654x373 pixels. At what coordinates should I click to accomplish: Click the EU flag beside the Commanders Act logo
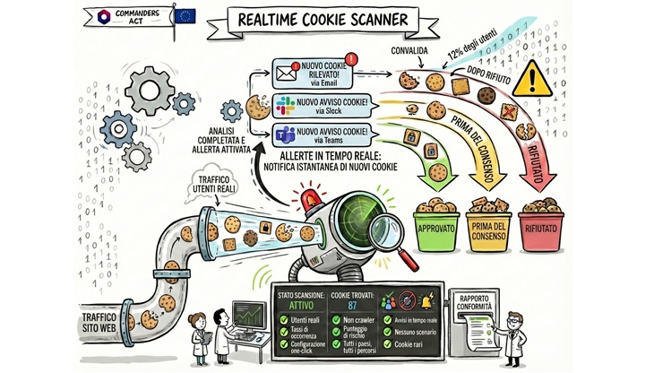point(185,15)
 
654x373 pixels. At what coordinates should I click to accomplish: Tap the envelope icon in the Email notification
point(286,70)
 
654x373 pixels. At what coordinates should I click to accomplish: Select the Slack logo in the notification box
point(285,106)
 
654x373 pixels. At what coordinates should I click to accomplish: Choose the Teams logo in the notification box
point(285,134)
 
